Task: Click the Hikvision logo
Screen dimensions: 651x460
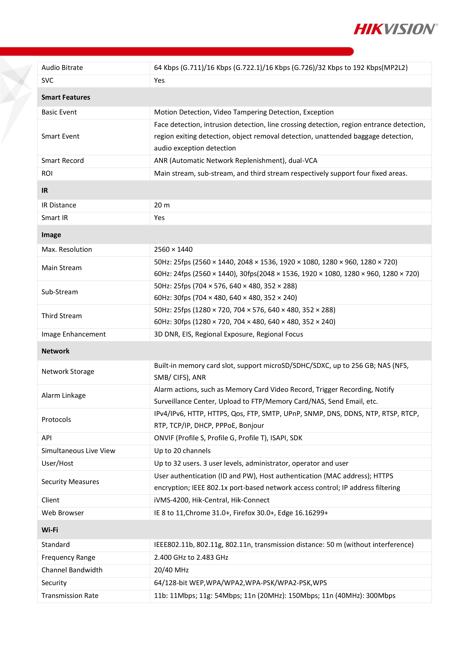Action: click(395, 29)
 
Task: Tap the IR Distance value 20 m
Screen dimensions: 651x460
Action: click(162, 205)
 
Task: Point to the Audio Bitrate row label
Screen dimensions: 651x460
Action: click(62, 68)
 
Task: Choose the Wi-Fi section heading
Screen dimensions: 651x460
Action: click(50, 530)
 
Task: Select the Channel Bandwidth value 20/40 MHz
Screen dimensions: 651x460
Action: click(171, 570)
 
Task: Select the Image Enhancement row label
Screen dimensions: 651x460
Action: click(73, 334)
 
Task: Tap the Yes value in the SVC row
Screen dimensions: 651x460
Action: click(159, 81)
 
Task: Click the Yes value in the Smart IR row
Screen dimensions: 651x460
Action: click(159, 218)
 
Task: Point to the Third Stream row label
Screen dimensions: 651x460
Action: click(62, 316)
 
